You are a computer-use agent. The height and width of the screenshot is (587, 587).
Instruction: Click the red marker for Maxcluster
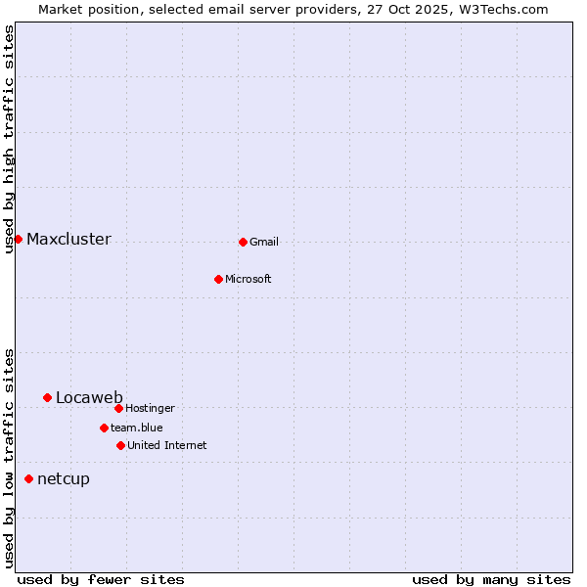tap(18, 239)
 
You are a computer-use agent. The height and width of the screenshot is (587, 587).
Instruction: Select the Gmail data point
tap(243, 242)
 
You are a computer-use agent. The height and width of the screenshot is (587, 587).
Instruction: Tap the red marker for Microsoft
tap(218, 279)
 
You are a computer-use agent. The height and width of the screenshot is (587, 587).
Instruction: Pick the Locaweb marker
tap(47, 397)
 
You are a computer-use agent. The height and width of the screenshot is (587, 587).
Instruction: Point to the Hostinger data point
tap(118, 408)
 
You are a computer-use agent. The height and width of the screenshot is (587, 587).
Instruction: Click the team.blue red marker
tap(104, 428)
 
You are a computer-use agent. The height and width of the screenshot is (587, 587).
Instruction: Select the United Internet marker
tap(120, 445)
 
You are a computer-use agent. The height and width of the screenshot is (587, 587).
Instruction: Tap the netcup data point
tap(28, 478)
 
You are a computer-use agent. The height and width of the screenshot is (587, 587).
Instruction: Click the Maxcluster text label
tap(68, 240)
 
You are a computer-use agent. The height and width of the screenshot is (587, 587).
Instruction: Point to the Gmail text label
tap(264, 243)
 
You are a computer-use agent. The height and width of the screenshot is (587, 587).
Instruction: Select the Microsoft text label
tap(248, 280)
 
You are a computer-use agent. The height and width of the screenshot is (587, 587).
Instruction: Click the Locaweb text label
tap(89, 397)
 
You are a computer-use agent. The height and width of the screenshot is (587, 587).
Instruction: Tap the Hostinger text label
tap(150, 409)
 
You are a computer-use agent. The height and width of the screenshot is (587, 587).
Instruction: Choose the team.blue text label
tap(137, 429)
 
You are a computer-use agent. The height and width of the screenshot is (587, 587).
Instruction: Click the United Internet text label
tap(167, 446)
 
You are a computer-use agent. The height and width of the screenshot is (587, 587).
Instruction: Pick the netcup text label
tap(64, 479)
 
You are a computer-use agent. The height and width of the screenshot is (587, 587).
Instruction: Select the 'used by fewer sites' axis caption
tap(101, 579)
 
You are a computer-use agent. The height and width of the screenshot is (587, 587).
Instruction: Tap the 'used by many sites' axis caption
tap(491, 579)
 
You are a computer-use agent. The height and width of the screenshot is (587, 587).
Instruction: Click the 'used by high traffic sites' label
tap(10, 139)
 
